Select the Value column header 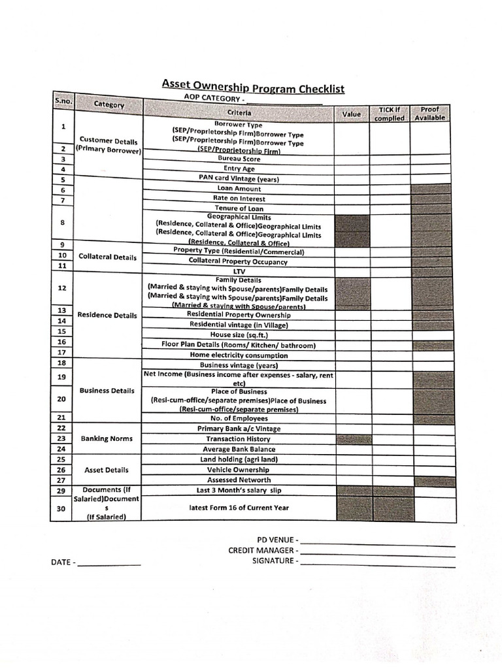pos(352,114)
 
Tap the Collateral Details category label pos(108,257)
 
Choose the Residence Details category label pos(107,315)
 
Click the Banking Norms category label pos(107,439)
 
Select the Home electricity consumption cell pos(238,355)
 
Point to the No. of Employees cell pos(238,418)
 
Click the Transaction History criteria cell pos(238,439)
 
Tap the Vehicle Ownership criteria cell pos(238,470)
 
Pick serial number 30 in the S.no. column pos(62,508)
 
